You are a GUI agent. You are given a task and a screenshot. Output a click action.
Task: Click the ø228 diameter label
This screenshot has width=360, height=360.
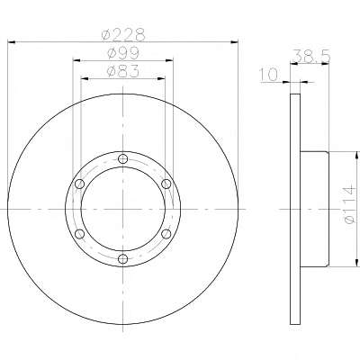pyautogui.click(x=123, y=34)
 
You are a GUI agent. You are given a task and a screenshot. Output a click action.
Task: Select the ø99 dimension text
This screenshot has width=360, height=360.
pyautogui.click(x=123, y=53)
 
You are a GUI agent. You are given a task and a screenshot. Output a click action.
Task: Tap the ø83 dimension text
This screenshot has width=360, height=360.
pyautogui.click(x=123, y=71)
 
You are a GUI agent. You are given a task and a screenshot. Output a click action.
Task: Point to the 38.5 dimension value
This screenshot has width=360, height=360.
pyautogui.click(x=311, y=56)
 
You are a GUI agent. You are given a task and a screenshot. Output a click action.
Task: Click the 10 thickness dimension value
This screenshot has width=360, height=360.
pyautogui.click(x=269, y=75)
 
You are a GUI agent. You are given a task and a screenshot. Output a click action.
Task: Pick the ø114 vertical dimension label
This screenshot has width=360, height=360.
pyautogui.click(x=350, y=204)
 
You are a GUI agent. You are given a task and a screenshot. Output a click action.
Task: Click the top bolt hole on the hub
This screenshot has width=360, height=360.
pyautogui.click(x=122, y=158)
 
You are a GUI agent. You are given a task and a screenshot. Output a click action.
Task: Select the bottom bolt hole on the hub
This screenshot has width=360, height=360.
pyautogui.click(x=122, y=258)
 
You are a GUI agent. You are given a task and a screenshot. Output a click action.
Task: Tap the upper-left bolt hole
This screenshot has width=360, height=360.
pyautogui.click(x=79, y=184)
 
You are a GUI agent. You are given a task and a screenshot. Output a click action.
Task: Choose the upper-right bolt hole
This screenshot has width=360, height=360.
pyautogui.click(x=166, y=184)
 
